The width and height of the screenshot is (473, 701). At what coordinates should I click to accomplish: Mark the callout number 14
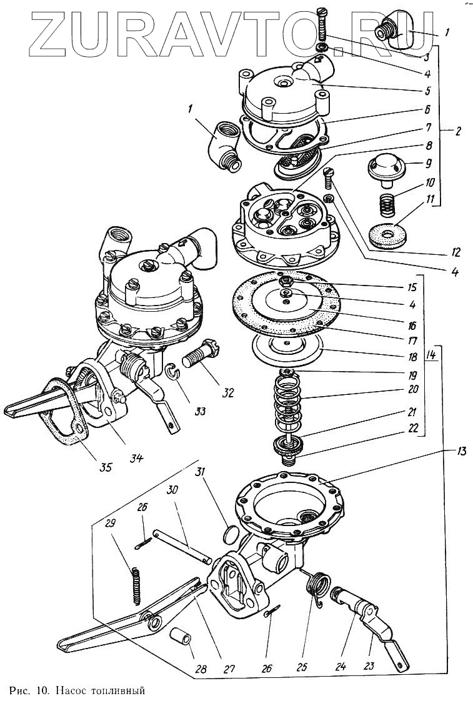[431, 355]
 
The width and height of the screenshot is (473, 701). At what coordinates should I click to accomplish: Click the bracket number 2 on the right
[458, 131]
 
